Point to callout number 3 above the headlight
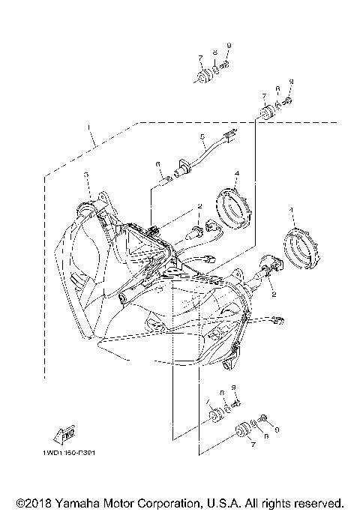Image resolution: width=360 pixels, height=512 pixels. (x=86, y=174)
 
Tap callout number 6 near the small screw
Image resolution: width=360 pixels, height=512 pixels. (x=158, y=163)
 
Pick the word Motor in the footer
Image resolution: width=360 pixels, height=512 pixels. (x=119, y=502)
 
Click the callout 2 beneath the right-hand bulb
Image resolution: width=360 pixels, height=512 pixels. (x=273, y=295)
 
